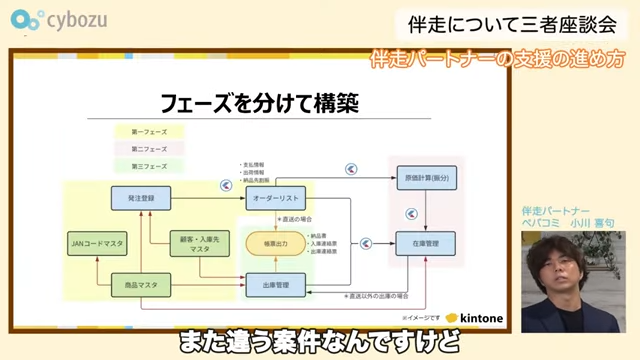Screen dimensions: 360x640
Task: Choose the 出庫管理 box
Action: pyautogui.click(x=267, y=286)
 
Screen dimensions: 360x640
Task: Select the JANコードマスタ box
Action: pyautogui.click(x=98, y=243)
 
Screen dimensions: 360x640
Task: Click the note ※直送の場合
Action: pyautogui.click(x=299, y=218)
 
